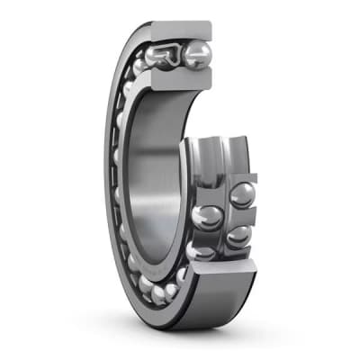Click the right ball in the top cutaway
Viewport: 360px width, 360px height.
click(196, 56)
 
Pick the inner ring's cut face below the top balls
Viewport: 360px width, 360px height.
click(180, 81)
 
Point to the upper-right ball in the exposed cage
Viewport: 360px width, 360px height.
click(241, 194)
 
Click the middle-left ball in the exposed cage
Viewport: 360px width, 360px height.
click(205, 217)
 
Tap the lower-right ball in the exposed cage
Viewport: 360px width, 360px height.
click(238, 236)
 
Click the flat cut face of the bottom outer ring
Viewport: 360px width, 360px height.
click(220, 270)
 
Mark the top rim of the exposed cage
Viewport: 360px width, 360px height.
click(216, 144)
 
